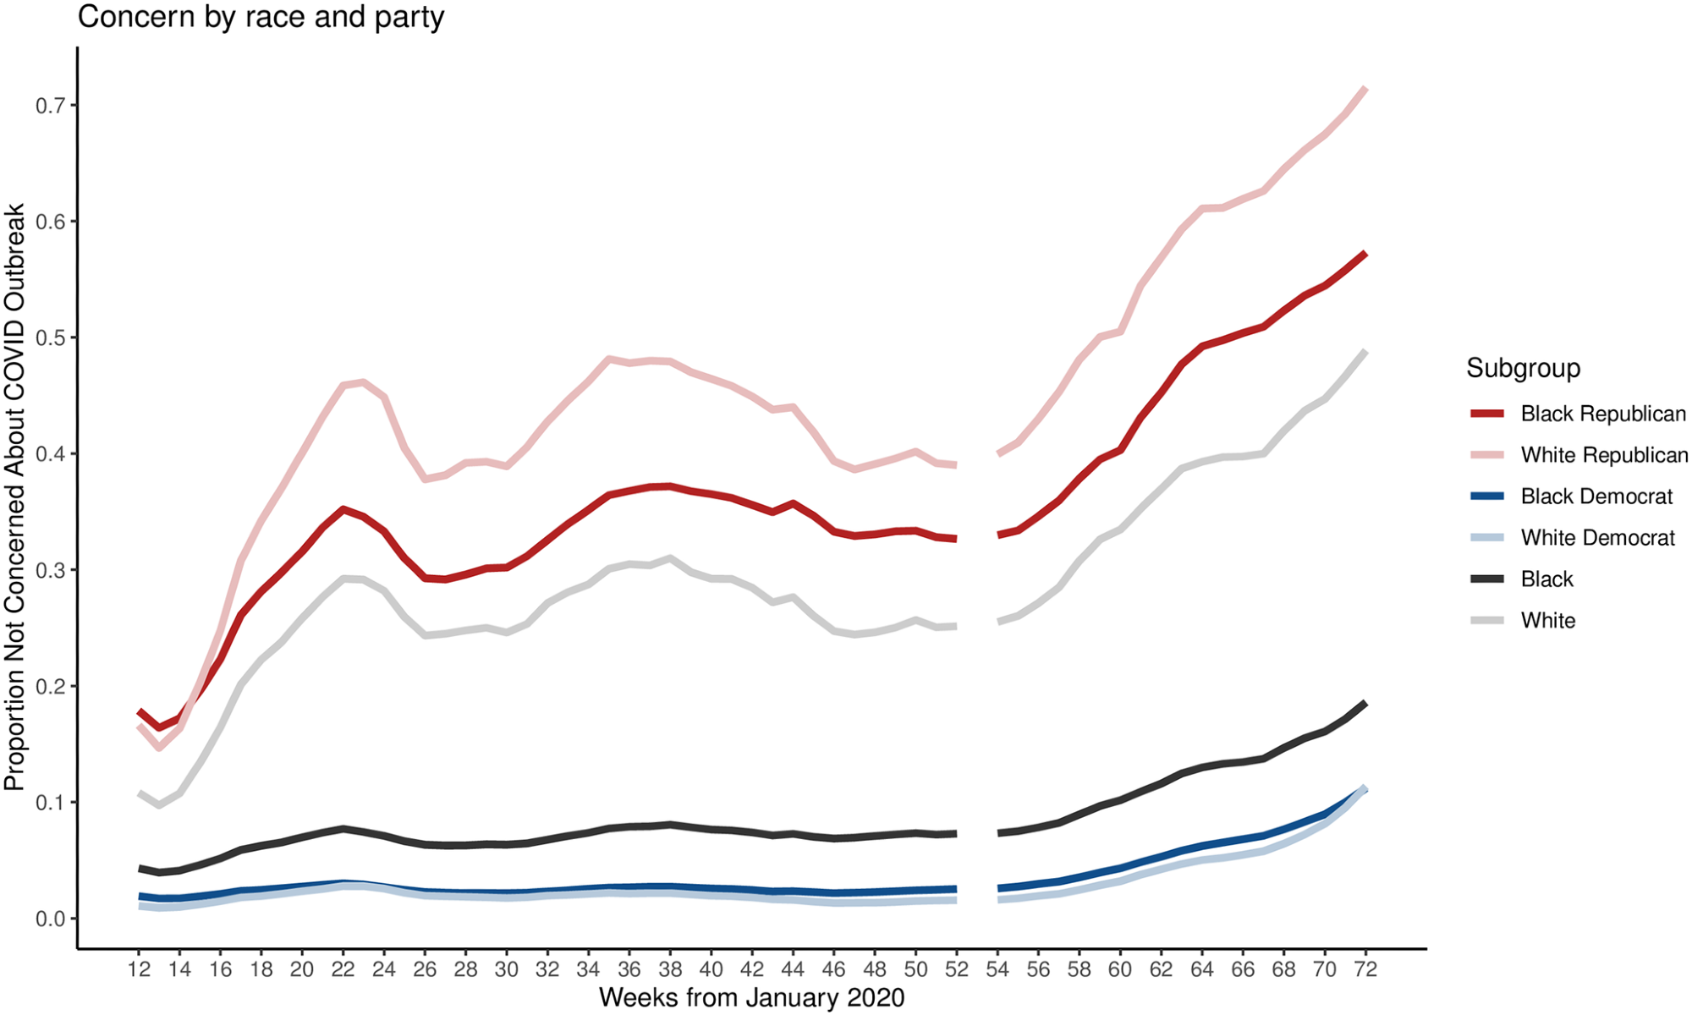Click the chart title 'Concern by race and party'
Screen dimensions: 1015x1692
coord(261,17)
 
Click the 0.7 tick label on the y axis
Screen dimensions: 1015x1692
coord(50,106)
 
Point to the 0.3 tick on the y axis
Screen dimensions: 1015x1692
coord(50,570)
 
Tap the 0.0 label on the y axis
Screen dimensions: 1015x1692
coord(50,919)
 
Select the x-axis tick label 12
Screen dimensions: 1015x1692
coord(140,969)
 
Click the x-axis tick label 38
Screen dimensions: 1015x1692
coord(670,969)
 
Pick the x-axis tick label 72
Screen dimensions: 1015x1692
coord(1365,969)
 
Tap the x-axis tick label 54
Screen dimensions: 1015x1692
coord(997,969)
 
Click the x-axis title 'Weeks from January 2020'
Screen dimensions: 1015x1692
coord(751,998)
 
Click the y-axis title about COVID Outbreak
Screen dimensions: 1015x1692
coord(15,497)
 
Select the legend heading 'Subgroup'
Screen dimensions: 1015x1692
coord(1523,368)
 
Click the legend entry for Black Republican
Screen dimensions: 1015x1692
coord(1602,414)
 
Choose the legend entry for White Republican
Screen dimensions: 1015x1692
coord(1603,455)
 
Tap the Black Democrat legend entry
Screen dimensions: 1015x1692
coord(1596,497)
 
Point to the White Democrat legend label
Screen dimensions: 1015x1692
coord(1597,538)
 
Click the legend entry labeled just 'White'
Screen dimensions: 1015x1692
coord(1547,621)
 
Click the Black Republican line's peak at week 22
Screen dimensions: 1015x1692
coord(343,508)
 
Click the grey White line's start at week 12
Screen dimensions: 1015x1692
coord(140,793)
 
